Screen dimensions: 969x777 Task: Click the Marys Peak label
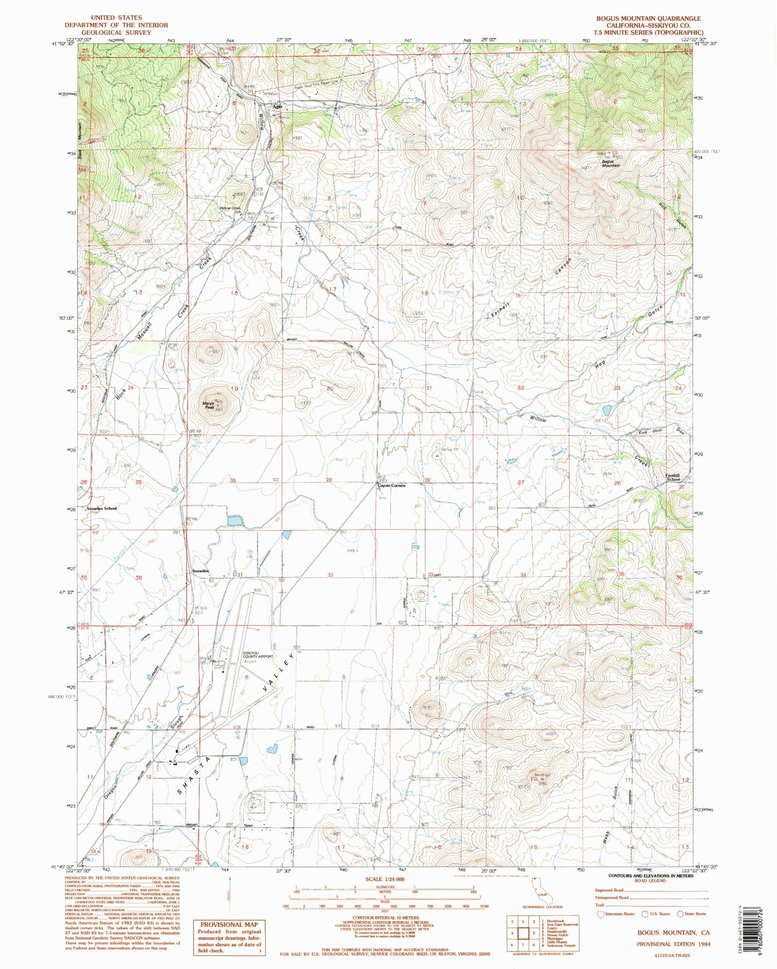(209, 406)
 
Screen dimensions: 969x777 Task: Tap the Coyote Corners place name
(391, 485)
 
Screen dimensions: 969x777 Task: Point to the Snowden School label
(102, 508)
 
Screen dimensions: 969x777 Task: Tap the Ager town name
(277, 107)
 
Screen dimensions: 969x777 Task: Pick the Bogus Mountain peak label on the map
(610, 164)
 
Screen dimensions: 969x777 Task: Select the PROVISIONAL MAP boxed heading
(229, 925)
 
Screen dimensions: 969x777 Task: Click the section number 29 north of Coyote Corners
(329, 479)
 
